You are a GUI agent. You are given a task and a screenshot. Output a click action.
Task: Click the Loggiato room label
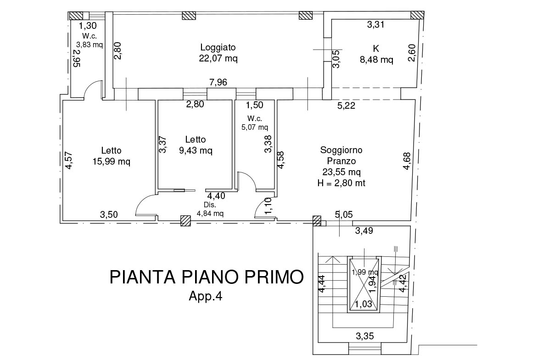(x=218, y=47)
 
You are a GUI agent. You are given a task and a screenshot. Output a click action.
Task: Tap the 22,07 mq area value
(x=218, y=58)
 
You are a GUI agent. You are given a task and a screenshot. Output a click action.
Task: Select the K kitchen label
(x=376, y=48)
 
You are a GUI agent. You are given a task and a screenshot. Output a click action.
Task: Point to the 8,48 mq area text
(x=376, y=59)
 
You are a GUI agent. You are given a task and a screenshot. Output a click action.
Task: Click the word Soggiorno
(x=341, y=150)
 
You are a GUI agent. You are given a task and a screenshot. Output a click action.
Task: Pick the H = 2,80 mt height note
(x=341, y=183)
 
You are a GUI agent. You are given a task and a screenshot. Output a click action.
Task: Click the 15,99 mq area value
(x=111, y=161)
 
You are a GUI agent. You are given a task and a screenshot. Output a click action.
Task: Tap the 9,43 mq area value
(x=196, y=150)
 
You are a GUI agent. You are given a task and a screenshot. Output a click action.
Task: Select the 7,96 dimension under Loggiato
(x=218, y=83)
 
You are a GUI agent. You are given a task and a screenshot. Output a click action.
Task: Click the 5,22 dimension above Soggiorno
(x=347, y=106)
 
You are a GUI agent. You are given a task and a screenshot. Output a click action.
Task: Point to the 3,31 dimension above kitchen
(x=375, y=25)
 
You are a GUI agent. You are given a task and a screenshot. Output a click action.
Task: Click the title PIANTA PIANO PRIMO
(x=207, y=277)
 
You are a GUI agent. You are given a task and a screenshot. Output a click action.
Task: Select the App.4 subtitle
(x=206, y=296)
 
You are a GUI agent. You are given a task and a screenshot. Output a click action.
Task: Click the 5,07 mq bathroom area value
(x=254, y=127)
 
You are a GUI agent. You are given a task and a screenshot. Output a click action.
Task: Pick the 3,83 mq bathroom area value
(x=89, y=44)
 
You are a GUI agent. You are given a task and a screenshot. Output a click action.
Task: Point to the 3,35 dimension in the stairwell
(x=365, y=336)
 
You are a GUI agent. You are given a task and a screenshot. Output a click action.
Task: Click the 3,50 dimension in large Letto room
(x=109, y=214)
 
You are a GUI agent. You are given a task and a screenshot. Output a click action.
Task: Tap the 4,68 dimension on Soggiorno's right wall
(x=407, y=161)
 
